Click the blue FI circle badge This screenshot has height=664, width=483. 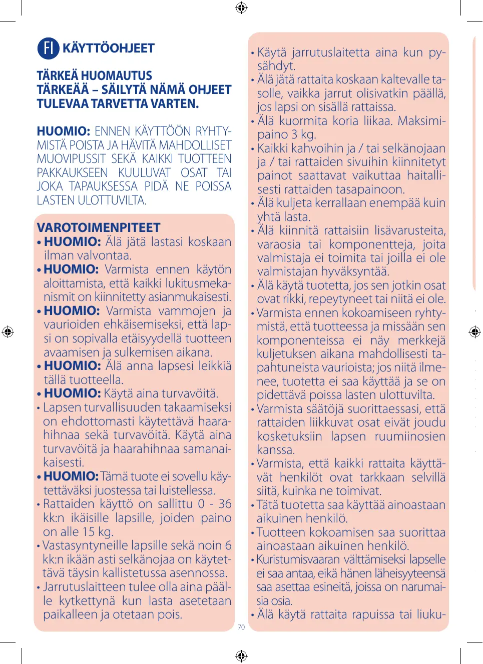point(48,48)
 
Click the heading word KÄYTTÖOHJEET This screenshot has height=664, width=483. point(108,48)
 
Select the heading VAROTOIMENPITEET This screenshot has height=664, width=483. point(99,228)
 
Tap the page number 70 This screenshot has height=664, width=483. point(241,627)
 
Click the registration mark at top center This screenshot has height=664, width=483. point(241,7)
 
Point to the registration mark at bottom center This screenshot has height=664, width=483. point(241,655)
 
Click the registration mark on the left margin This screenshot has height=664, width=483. point(8,331)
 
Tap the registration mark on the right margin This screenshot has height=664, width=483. point(474,331)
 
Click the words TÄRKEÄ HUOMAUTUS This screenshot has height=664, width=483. point(95,76)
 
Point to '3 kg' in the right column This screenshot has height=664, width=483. point(304,134)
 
